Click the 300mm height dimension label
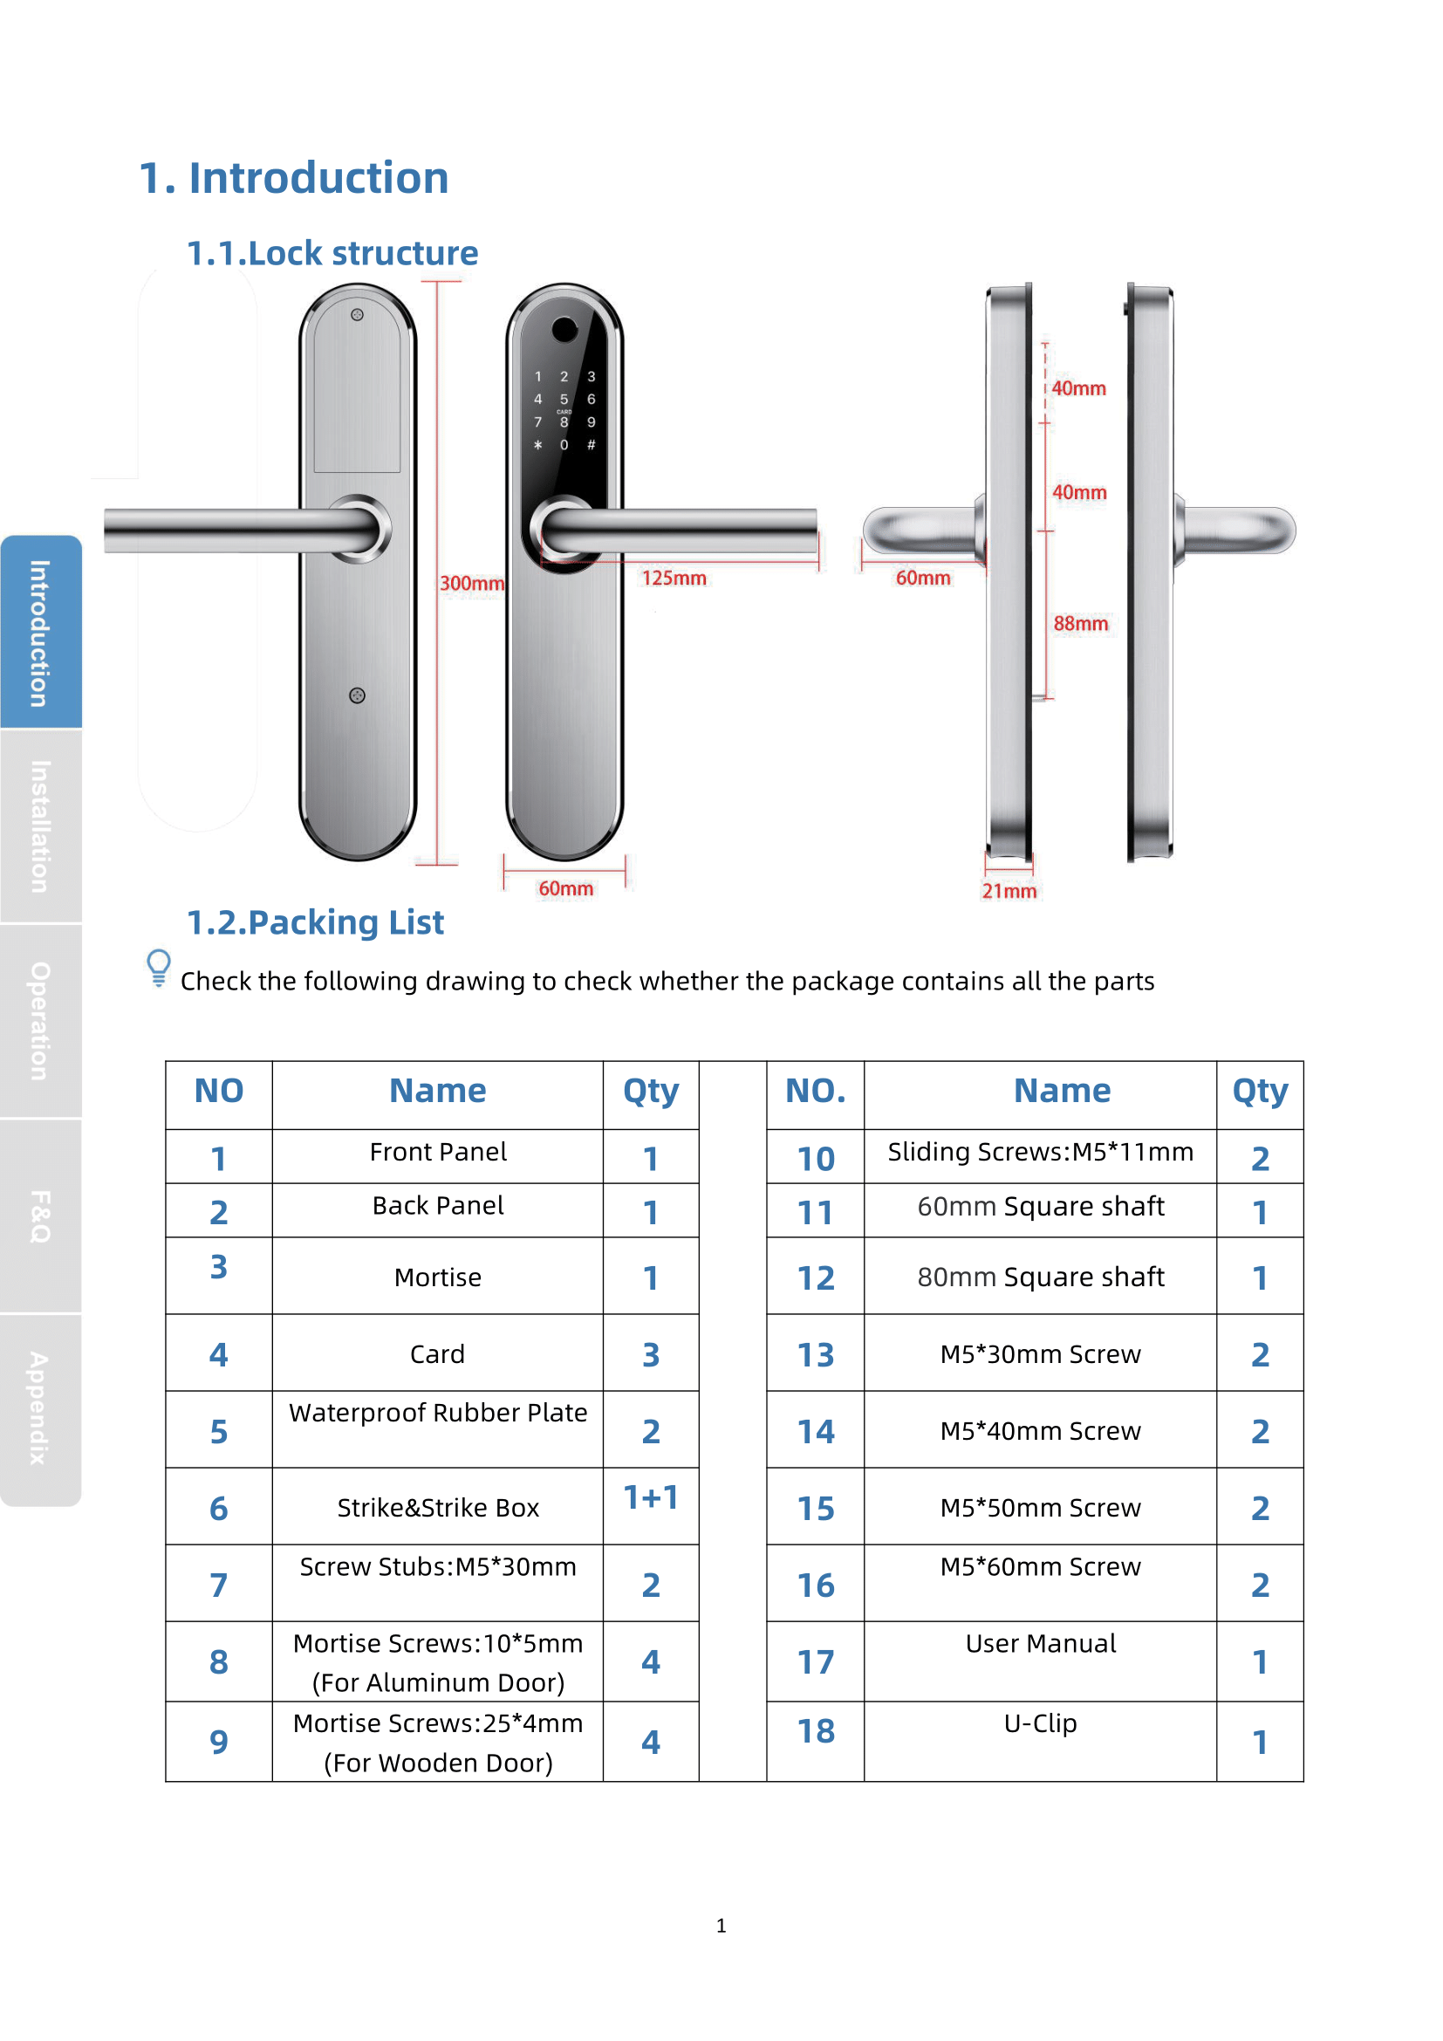472,583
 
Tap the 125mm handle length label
674,578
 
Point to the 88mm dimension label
1080,623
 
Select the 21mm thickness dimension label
1009,891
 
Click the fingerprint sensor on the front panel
564,330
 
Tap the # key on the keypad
591,444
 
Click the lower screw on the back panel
357,695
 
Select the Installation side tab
40,825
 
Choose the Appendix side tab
40,1408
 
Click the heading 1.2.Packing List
315,921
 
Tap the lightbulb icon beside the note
158,967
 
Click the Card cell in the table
437,1354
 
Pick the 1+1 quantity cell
651,1498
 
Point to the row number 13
815,1355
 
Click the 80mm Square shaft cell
1040,1277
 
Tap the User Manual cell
1040,1643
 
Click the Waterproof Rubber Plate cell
437,1413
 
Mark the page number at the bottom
721,1926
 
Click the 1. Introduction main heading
293,178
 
